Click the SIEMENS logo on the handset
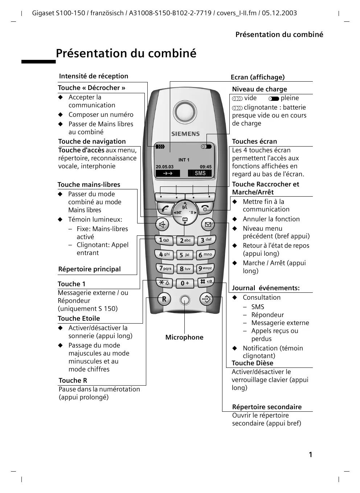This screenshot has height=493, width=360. click(185, 134)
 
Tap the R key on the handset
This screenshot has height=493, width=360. click(164, 299)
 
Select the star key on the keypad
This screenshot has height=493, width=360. click(164, 283)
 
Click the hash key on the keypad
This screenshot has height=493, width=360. click(206, 282)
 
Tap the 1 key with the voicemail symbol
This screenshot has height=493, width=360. click(164, 240)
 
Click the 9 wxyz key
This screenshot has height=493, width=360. click(205, 268)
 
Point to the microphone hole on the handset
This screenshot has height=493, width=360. click(185, 300)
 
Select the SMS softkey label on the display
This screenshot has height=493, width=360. click(200, 173)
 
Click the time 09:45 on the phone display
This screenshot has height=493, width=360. click(205, 167)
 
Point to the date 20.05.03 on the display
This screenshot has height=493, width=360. click(165, 167)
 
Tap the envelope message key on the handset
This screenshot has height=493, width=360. click(208, 225)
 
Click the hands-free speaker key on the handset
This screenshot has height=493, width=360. click(162, 225)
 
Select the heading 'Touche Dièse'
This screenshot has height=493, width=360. click(252, 363)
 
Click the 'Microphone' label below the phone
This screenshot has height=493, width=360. click(184, 337)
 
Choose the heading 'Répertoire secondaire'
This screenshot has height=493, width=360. click(267, 407)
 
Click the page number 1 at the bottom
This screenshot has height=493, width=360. click(310, 455)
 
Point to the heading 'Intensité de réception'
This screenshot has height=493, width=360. click(94, 76)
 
